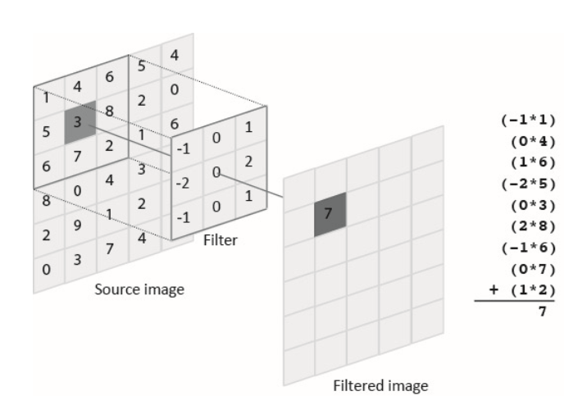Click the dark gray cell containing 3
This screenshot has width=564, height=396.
tap(80, 122)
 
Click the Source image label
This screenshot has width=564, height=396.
tap(139, 289)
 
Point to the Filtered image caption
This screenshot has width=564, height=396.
tap(380, 384)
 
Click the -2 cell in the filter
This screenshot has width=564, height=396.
tap(185, 182)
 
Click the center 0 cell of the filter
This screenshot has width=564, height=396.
tap(216, 172)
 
